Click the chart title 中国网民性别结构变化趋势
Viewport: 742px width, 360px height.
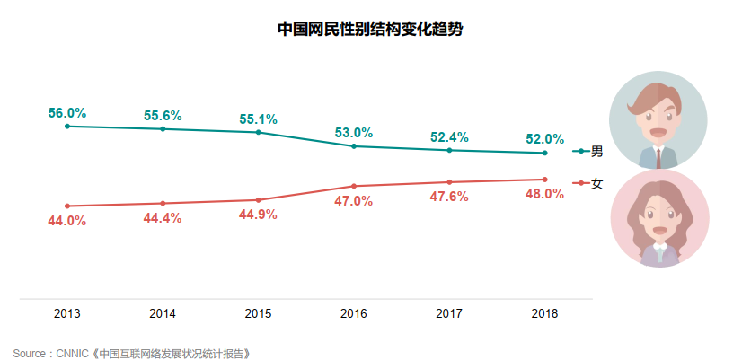click(370, 29)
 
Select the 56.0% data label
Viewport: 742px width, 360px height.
click(67, 113)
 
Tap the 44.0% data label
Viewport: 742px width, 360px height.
click(67, 220)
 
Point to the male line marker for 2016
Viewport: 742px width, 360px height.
click(354, 146)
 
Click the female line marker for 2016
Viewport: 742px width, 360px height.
click(354, 186)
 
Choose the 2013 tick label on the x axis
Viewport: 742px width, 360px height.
click(67, 314)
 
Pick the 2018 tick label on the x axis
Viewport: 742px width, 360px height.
click(544, 314)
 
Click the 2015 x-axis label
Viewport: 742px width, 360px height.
click(259, 314)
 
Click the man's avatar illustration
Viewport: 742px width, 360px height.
click(658, 120)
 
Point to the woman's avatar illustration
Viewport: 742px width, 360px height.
click(658, 219)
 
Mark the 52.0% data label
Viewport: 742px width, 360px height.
click(545, 139)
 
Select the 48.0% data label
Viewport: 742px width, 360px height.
click(545, 194)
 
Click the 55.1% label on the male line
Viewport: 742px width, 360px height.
click(259, 119)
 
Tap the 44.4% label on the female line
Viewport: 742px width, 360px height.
click(163, 217)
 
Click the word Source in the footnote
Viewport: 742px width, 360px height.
click(31, 353)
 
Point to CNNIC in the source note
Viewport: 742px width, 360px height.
click(74, 353)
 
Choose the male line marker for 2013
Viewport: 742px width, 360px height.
click(67, 127)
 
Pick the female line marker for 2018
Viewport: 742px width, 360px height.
click(545, 180)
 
